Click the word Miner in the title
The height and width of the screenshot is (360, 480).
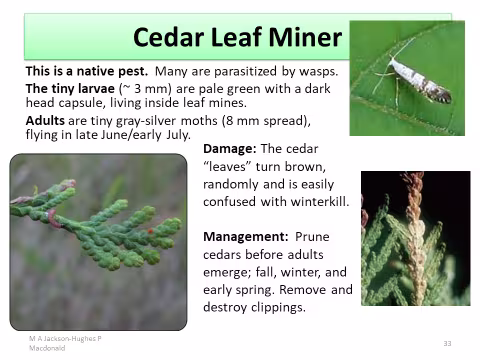305,37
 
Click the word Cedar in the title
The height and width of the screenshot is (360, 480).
169,37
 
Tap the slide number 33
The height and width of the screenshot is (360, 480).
447,343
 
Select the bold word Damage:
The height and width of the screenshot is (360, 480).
230,149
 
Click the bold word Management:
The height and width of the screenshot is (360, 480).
246,237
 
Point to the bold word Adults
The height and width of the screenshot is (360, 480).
45,120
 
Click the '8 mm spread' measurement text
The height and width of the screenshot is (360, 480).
266,121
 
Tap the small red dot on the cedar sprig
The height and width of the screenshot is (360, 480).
150,231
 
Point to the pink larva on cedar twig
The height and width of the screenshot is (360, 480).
53,218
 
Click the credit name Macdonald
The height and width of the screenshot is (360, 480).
47,348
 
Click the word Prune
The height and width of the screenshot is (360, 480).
312,237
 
